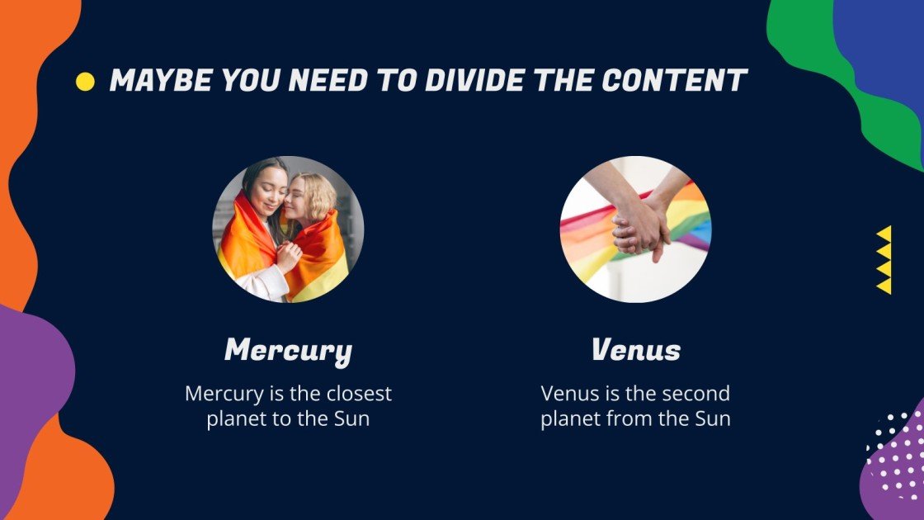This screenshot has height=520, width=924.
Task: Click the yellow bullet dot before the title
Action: click(85, 81)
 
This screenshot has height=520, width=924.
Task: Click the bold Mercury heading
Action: click(288, 351)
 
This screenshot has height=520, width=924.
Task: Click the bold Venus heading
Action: click(635, 351)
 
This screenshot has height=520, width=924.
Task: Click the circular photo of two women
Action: click(288, 229)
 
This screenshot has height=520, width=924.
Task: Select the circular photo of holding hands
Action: click(635, 229)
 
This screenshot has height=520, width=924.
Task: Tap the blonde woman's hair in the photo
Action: click(317, 194)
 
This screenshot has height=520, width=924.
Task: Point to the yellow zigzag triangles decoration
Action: click(884, 259)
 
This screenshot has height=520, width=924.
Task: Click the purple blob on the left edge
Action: click(33, 371)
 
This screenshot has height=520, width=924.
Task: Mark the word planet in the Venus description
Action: click(571, 418)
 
